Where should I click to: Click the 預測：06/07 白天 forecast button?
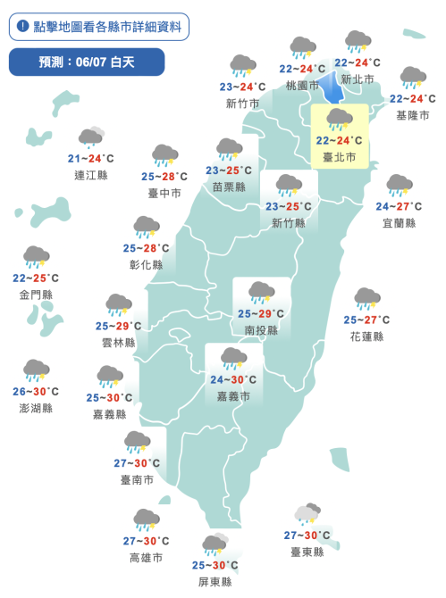[87, 62]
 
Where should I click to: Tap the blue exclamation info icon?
[22, 27]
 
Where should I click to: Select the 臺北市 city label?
[339, 157]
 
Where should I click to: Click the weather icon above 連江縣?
[91, 137]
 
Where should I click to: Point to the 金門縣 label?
[36, 294]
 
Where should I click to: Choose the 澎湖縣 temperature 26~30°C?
[36, 391]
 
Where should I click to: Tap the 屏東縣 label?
[215, 581]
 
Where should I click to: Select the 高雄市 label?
[146, 558]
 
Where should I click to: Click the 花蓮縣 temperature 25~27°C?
[366, 320]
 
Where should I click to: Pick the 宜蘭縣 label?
[399, 222]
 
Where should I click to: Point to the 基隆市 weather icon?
[412, 78]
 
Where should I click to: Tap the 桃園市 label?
[302, 86]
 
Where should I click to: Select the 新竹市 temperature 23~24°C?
[242, 87]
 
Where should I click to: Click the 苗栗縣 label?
[229, 187]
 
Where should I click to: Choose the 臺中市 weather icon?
[164, 156]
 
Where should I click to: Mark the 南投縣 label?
[261, 330]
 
